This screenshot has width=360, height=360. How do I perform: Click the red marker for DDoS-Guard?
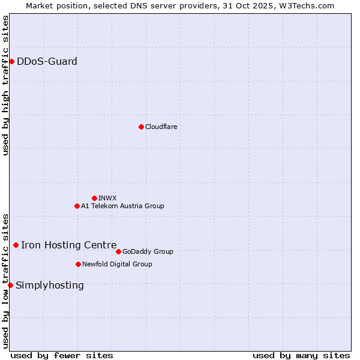tap(11, 61)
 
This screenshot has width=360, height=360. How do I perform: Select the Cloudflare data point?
tap(141, 127)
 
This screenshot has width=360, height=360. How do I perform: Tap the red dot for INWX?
tap(94, 198)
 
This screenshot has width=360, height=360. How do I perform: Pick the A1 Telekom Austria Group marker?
tap(77, 206)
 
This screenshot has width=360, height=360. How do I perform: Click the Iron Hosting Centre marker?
tap(16, 245)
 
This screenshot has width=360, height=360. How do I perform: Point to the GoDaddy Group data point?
tap(118, 251)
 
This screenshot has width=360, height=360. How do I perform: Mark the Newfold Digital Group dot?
tap(78, 264)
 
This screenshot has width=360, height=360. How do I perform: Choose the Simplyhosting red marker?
tap(10, 285)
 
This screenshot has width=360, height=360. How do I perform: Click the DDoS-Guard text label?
tap(47, 61)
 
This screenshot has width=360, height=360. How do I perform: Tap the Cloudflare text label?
tap(161, 127)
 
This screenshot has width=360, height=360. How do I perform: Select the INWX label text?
tap(107, 198)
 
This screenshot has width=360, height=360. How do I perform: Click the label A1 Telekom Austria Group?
tap(122, 206)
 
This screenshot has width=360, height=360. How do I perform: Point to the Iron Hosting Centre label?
tap(68, 245)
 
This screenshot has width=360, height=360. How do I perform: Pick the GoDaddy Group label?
tap(148, 251)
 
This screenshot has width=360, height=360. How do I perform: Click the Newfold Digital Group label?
tap(117, 264)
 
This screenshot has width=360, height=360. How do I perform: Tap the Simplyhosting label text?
tap(49, 285)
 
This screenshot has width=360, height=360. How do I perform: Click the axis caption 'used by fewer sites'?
tap(62, 355)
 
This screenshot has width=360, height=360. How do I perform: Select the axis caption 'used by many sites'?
tap(301, 355)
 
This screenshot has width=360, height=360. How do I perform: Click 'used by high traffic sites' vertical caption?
tap(5, 85)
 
